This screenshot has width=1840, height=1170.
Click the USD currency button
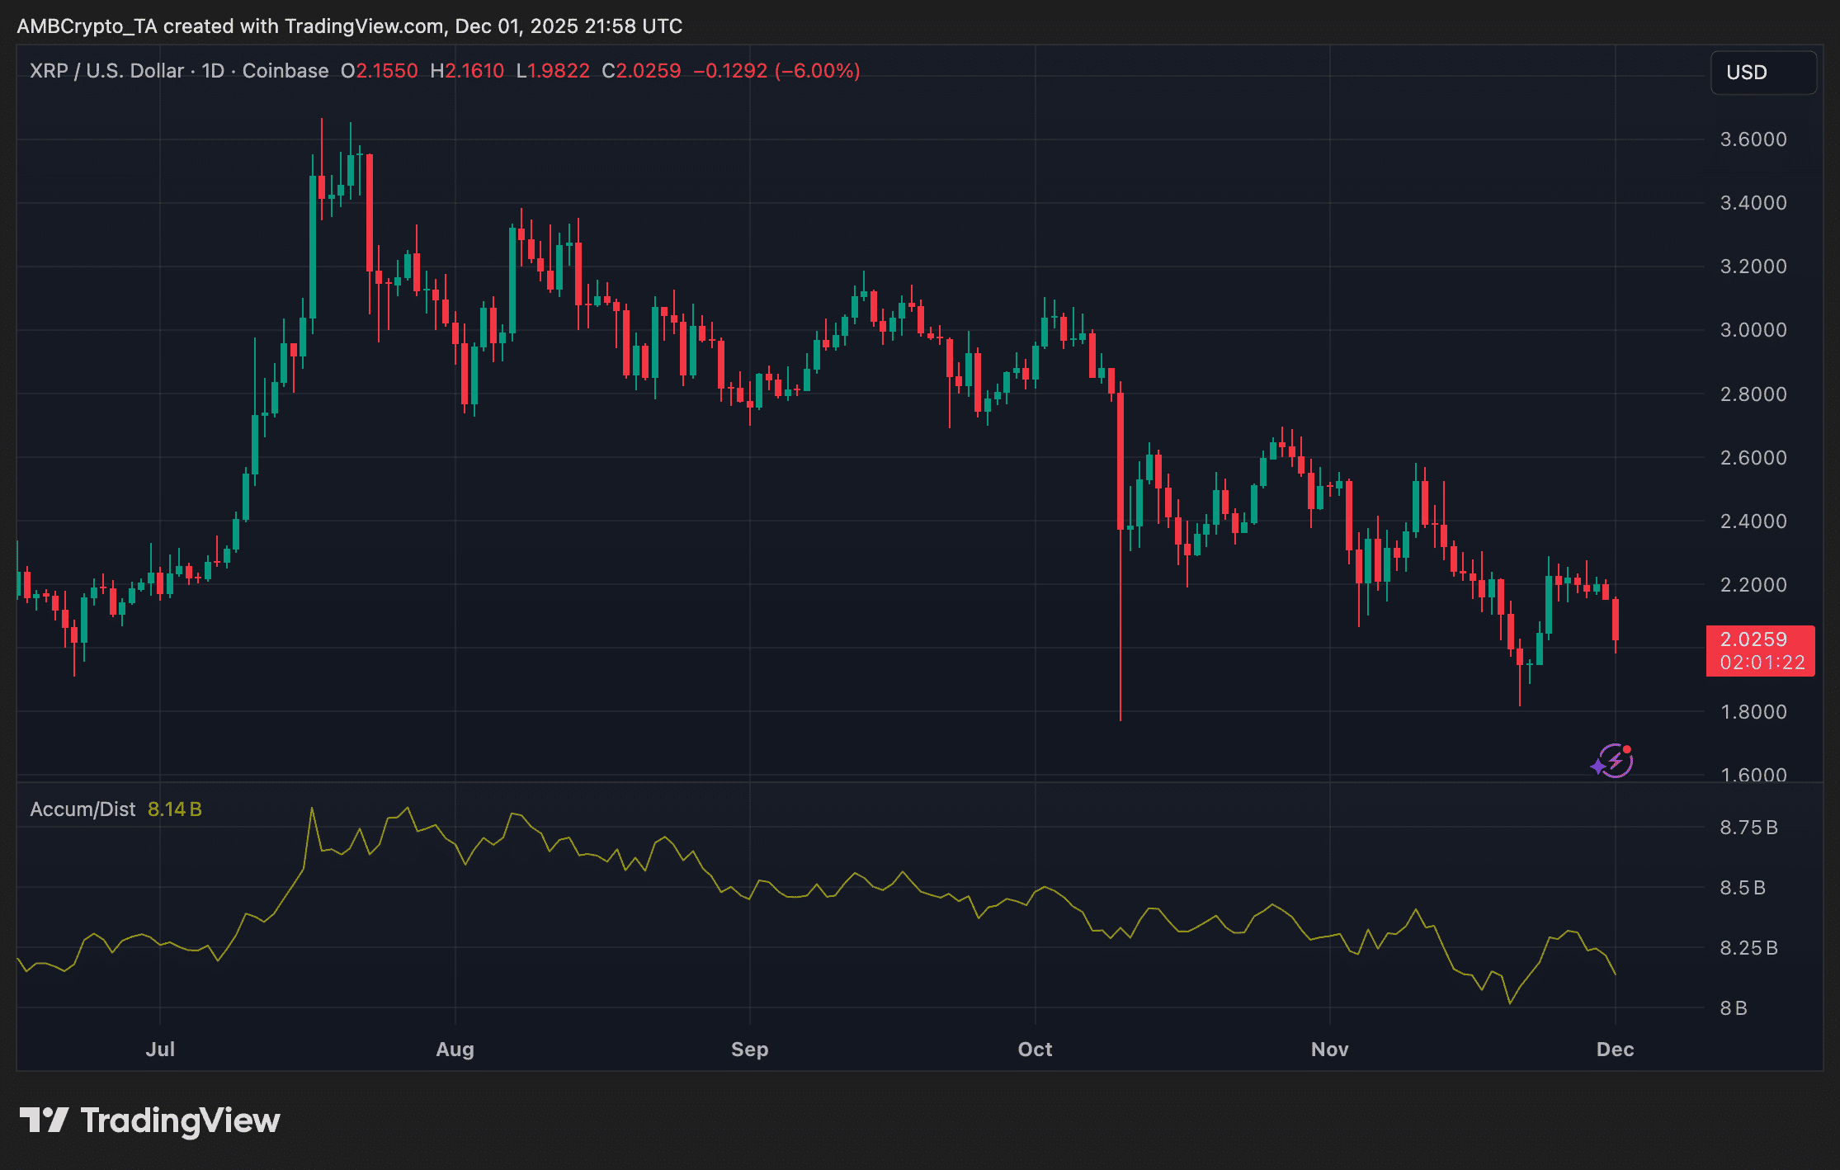point(1762,73)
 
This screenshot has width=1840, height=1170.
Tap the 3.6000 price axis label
point(1753,139)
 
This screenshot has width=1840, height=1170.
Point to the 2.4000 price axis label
point(1753,521)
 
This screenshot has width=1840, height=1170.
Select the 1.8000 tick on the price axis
point(1753,712)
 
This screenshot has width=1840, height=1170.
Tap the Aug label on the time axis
point(455,1050)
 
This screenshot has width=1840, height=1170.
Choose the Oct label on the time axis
point(1035,1050)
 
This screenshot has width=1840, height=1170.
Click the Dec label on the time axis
point(1615,1050)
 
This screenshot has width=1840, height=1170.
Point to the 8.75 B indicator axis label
point(1748,828)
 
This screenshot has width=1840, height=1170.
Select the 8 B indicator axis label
point(1733,1008)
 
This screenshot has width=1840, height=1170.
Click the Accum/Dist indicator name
point(83,809)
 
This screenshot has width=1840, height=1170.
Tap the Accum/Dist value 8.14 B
point(174,809)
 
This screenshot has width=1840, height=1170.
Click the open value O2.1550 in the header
point(380,71)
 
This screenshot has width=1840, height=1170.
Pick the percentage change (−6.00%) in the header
point(817,71)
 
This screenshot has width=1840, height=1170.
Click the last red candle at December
point(1615,619)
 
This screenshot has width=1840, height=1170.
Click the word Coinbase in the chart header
point(285,71)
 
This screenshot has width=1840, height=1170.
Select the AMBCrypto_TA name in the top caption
point(87,26)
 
